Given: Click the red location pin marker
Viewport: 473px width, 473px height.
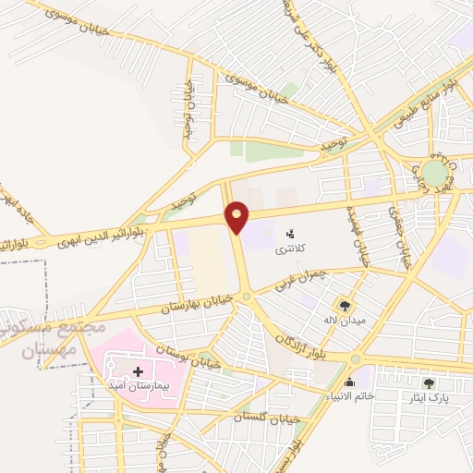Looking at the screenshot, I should [237, 217].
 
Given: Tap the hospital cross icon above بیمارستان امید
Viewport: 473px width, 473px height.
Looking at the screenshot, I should [138, 370].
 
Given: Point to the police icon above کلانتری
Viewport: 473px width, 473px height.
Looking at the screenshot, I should [290, 234].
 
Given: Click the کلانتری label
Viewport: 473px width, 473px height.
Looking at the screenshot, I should [290, 249].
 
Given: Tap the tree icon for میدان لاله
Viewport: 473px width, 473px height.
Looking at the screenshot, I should [345, 305].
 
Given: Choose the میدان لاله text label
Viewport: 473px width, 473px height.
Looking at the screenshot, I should [344, 320].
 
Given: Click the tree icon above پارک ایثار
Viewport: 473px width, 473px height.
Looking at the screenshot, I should [428, 382].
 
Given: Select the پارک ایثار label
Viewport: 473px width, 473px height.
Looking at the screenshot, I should [429, 397].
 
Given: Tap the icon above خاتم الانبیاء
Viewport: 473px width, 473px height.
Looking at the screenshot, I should [350, 382].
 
